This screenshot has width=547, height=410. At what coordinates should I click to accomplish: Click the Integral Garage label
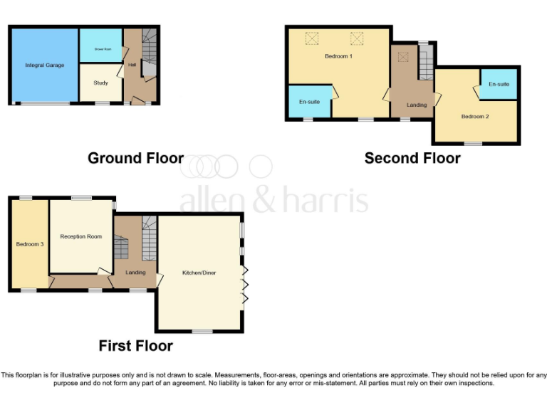(44, 65)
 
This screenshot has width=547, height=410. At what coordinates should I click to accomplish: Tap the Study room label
(100, 83)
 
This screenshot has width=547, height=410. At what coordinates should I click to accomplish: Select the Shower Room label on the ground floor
(100, 48)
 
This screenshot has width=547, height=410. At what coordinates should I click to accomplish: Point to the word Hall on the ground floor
(132, 65)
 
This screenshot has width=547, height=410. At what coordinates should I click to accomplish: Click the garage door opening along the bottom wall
(43, 104)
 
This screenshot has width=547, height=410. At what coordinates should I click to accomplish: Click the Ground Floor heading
(135, 158)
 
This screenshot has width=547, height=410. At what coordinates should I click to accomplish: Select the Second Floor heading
(412, 158)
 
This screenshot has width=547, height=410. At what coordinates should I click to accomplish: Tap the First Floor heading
(135, 346)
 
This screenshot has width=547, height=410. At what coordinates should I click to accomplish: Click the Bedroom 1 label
(338, 56)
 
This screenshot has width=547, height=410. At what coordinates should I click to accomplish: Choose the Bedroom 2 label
(474, 116)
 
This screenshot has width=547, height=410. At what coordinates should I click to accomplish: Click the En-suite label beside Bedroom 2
(499, 84)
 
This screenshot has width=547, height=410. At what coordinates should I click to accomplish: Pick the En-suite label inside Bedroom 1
(309, 102)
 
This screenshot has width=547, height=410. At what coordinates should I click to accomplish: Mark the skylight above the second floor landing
(402, 57)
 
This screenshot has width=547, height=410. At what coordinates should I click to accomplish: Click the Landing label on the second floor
(417, 105)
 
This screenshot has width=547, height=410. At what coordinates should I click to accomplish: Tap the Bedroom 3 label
(30, 244)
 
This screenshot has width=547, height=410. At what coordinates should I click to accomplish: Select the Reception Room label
(80, 236)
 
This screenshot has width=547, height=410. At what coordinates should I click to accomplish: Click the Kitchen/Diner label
(199, 273)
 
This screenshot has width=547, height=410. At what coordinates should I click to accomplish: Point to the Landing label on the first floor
(135, 272)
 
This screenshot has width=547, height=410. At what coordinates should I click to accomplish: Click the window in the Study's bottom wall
(102, 104)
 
